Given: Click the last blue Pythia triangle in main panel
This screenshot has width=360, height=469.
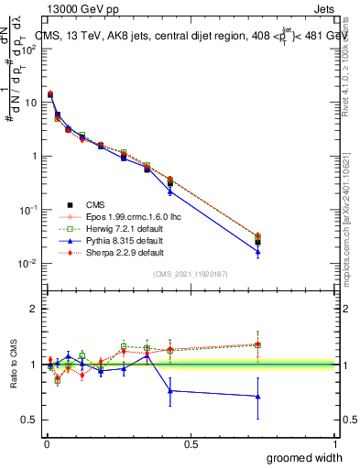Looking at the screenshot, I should tap(257, 252).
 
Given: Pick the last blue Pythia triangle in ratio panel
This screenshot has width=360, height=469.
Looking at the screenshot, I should tap(257, 396).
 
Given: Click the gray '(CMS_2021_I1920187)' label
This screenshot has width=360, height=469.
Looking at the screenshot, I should tap(190, 274).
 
